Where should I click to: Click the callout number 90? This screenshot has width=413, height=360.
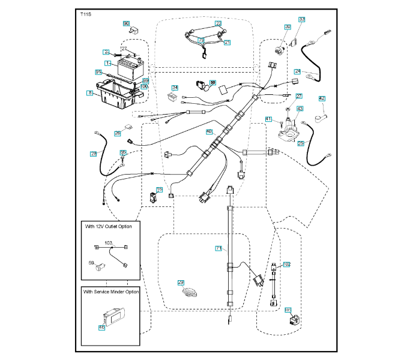(x=127, y=23)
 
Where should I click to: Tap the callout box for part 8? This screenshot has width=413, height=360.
(x=89, y=93)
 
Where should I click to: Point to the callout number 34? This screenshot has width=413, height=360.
(x=175, y=88)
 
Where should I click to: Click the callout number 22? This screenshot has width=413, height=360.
(x=219, y=23)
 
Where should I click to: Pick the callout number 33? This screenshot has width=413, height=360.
(x=302, y=20)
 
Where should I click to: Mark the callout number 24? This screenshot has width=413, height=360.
(x=297, y=71)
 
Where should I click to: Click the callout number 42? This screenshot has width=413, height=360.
(x=322, y=98)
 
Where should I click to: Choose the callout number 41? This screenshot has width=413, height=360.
(x=268, y=119)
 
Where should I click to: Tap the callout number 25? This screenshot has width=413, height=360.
(x=301, y=143)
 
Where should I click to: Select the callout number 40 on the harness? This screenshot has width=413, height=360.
(x=210, y=131)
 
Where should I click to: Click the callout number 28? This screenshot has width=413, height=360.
(x=93, y=154)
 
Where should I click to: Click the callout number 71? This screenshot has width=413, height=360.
(x=219, y=248)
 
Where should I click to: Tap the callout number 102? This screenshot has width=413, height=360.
(x=287, y=264)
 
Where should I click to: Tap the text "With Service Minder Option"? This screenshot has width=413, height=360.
(x=112, y=292)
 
